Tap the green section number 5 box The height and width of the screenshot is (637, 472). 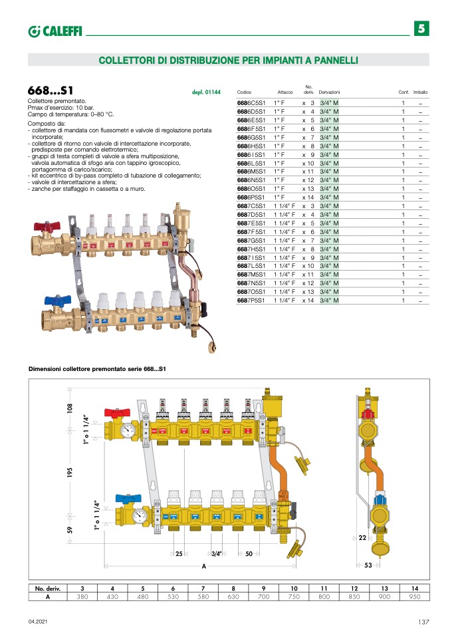423,29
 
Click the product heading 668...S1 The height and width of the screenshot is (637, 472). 51,90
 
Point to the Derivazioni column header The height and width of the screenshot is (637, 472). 329,92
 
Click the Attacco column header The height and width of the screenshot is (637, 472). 285,92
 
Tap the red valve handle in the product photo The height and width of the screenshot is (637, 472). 45,228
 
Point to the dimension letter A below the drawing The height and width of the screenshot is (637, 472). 203,566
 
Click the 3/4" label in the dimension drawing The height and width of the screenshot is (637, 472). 216,554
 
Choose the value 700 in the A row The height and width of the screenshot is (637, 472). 263,597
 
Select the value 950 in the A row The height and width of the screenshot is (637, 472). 414,597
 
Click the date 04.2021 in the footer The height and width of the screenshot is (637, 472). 37,622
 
